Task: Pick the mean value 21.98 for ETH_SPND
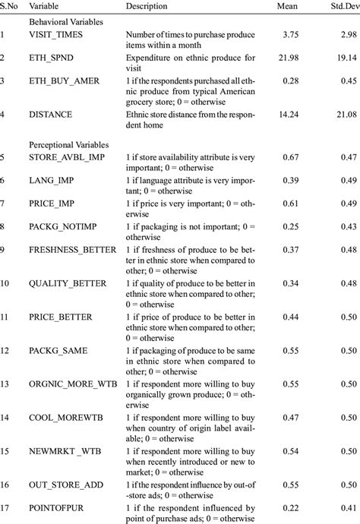292,58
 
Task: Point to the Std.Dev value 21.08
344,115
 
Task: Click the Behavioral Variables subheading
65,22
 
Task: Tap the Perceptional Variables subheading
68,144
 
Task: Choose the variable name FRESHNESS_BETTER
73,249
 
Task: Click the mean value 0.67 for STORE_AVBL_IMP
295,156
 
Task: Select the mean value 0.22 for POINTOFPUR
295,508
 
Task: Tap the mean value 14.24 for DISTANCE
292,115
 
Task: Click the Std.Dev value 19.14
344,58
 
